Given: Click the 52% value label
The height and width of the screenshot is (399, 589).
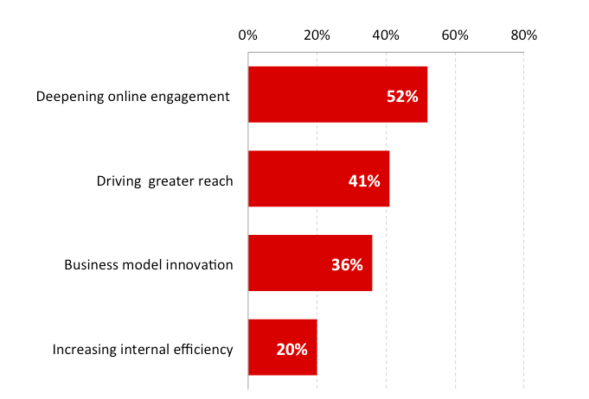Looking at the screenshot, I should coord(402,97).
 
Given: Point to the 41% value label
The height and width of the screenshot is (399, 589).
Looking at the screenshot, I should coord(364,181).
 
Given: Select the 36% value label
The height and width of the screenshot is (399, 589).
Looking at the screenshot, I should coord(347,265).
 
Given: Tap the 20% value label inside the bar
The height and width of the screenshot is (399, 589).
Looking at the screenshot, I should coord(292,350).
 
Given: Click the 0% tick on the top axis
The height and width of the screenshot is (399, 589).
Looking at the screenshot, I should coord(248,35).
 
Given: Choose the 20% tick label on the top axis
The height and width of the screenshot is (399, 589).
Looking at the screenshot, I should coord(317,35).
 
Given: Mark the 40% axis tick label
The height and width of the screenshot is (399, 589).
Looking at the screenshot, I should coord(386,35).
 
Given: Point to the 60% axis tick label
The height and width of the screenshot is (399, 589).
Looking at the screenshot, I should coord(455,35).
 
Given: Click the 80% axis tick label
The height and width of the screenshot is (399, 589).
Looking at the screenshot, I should coord(524,35).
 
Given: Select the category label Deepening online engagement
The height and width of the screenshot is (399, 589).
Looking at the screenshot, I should coord(132,96).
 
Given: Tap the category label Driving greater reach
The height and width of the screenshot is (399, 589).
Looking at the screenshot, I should coord(164,180).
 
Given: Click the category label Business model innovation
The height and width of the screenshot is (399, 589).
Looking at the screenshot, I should coord(149,264).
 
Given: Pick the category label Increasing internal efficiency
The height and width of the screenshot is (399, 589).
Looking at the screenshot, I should coord(143,349).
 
